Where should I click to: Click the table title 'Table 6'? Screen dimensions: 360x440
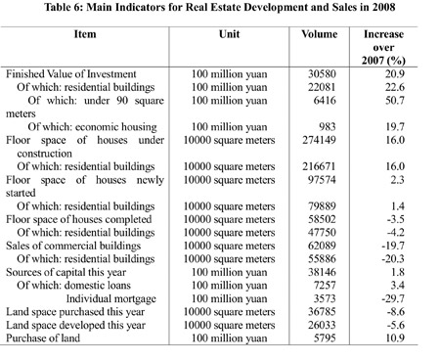click(220, 9)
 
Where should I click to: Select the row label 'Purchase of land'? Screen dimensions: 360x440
click(50, 336)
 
